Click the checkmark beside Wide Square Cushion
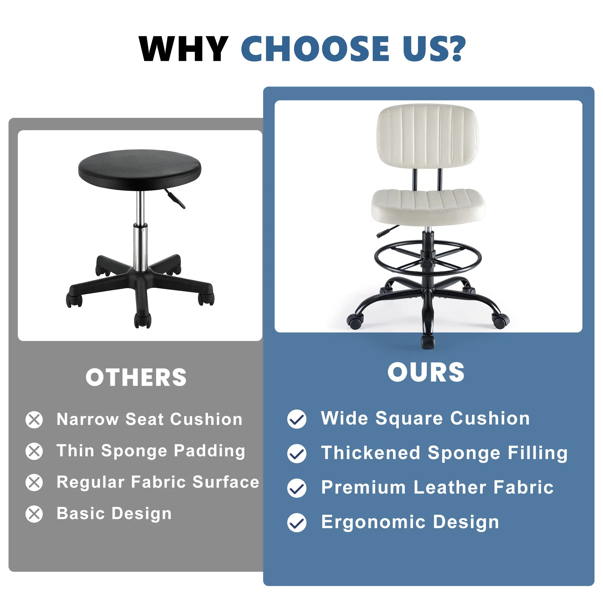pos(297,419)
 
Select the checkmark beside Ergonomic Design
pos(297,523)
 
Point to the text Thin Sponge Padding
pos(151,451)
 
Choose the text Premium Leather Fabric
pos(437,488)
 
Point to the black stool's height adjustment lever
pos(175,198)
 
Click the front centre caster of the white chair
pos(428,342)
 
